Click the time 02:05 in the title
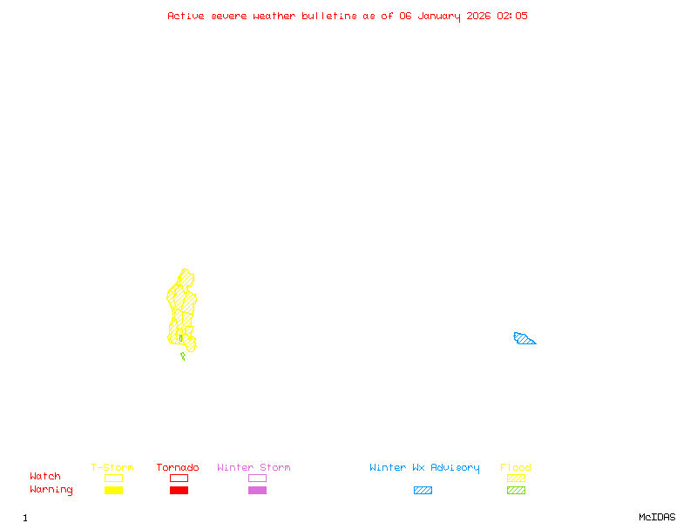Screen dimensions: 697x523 (512, 16)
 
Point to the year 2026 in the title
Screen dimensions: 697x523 (479, 16)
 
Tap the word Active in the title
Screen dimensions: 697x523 (186, 16)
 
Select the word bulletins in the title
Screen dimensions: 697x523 (329, 16)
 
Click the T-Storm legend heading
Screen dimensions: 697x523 (112, 468)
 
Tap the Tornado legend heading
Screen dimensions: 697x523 (178, 468)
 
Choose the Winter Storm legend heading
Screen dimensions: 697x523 (254, 468)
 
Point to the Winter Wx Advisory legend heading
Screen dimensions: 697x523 (424, 468)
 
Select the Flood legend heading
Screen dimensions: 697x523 (516, 468)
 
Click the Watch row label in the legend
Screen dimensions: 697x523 (45, 477)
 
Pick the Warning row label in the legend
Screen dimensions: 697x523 (51, 490)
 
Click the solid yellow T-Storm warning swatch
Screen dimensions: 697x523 (113, 490)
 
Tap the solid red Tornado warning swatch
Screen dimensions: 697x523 (179, 490)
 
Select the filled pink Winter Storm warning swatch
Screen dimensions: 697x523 (257, 490)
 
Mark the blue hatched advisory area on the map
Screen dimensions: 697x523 (524, 339)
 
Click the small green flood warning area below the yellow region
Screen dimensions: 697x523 (183, 355)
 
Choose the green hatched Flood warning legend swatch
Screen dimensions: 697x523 (516, 490)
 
